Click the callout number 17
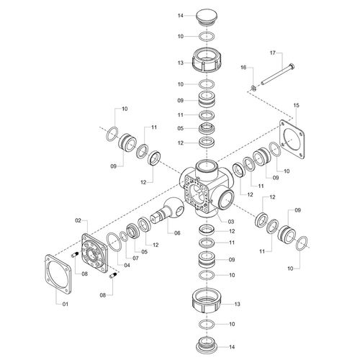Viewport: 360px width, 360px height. (x=273, y=53)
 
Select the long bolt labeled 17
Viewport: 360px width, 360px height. (x=278, y=74)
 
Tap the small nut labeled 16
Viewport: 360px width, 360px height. (x=253, y=88)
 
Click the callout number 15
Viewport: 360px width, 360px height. (x=297, y=105)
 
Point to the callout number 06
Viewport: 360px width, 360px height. (x=177, y=233)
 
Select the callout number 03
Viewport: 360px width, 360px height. (x=231, y=222)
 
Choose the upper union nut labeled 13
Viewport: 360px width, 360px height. (x=207, y=59)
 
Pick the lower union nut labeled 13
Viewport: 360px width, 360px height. (x=207, y=300)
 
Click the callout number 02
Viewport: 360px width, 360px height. (x=78, y=220)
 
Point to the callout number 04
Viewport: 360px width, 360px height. (x=127, y=265)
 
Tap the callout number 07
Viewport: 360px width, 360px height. (x=135, y=258)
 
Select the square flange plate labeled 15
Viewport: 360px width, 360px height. (x=292, y=139)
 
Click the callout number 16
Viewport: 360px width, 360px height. (x=243, y=68)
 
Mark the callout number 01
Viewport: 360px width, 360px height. (x=66, y=304)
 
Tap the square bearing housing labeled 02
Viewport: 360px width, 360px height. (x=94, y=253)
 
